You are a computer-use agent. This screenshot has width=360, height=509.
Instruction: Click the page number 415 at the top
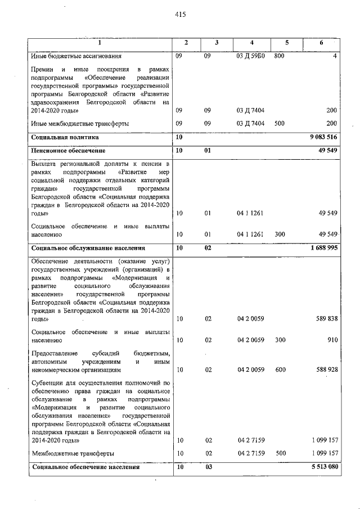coord(180,15)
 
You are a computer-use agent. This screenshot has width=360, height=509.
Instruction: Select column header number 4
coord(252,43)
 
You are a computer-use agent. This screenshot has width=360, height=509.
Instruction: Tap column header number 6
coord(321,43)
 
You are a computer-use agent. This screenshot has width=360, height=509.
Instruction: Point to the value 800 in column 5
coord(280,56)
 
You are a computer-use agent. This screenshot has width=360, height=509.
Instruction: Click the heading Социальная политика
coord(65,137)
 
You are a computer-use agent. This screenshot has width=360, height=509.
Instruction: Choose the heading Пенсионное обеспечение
coord(68,151)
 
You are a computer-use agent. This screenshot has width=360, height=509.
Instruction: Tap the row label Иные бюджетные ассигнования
coord(76,56)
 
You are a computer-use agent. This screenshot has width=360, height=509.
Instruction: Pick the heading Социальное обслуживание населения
coord(88,247)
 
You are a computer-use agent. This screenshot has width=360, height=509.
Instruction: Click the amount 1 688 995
coord(323,247)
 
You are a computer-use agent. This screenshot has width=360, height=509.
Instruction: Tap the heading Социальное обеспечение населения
coord(85,467)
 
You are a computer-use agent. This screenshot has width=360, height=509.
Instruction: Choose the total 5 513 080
coord(323,467)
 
